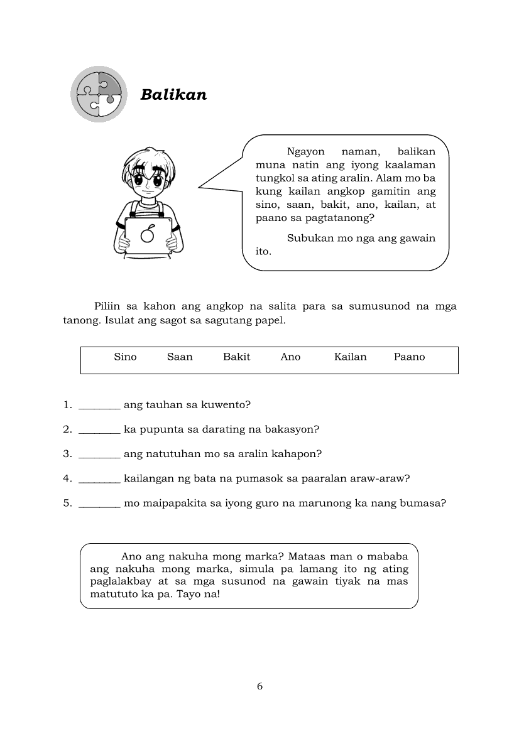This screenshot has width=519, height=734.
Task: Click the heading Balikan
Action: pyautogui.click(x=173, y=95)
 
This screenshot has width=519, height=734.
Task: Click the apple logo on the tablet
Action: pyautogui.click(x=148, y=234)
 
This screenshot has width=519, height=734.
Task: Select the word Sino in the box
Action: pyautogui.click(x=125, y=357)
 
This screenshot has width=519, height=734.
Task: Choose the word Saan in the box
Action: pyautogui.click(x=180, y=357)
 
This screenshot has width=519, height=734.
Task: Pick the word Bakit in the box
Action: pyautogui.click(x=236, y=357)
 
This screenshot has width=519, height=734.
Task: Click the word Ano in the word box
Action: pyautogui.click(x=290, y=357)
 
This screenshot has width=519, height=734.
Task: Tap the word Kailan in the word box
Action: pyautogui.click(x=350, y=357)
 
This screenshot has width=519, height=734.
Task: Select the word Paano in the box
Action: pyautogui.click(x=409, y=357)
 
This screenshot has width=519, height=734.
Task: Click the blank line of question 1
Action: pyautogui.click(x=99, y=407)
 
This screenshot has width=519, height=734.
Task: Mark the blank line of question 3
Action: pyautogui.click(x=99, y=456)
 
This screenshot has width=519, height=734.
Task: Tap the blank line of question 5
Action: pyautogui.click(x=99, y=505)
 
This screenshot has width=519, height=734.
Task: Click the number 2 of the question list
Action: pyautogui.click(x=67, y=429)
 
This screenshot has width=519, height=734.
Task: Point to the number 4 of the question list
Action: pyautogui.click(x=67, y=478)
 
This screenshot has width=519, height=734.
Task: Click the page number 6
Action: pyautogui.click(x=259, y=686)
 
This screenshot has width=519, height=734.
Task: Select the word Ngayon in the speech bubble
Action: pyautogui.click(x=305, y=151)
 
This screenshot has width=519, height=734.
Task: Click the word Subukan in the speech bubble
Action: pyautogui.click(x=307, y=238)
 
